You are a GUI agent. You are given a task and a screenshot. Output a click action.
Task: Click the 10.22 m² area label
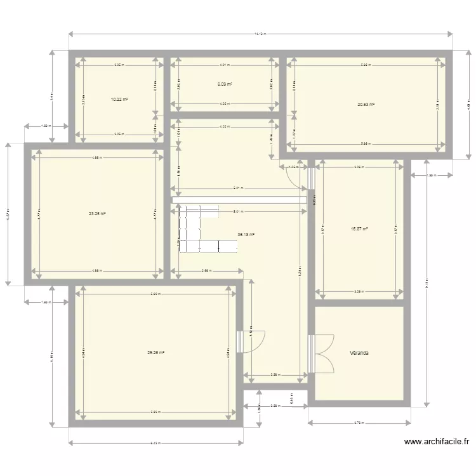[119, 100]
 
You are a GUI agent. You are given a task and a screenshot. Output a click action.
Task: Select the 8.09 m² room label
[223, 84]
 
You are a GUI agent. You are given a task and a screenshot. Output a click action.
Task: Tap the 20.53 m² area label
[366, 105]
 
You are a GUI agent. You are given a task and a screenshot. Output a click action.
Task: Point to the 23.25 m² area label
[97, 214]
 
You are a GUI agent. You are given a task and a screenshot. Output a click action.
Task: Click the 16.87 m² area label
[359, 230]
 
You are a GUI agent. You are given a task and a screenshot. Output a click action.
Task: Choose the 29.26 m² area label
[155, 353]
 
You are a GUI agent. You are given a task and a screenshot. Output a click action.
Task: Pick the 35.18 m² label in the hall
[246, 234]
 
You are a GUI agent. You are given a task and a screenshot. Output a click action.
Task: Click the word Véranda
[360, 353]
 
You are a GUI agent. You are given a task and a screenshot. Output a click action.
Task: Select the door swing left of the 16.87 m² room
[297, 178]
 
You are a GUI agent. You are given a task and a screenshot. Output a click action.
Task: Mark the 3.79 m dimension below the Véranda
[359, 422]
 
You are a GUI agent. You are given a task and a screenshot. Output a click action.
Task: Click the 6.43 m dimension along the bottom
[155, 443]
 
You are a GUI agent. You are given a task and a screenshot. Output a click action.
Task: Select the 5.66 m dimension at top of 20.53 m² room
[365, 65]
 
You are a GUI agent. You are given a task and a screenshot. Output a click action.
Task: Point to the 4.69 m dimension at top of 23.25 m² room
[97, 157]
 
